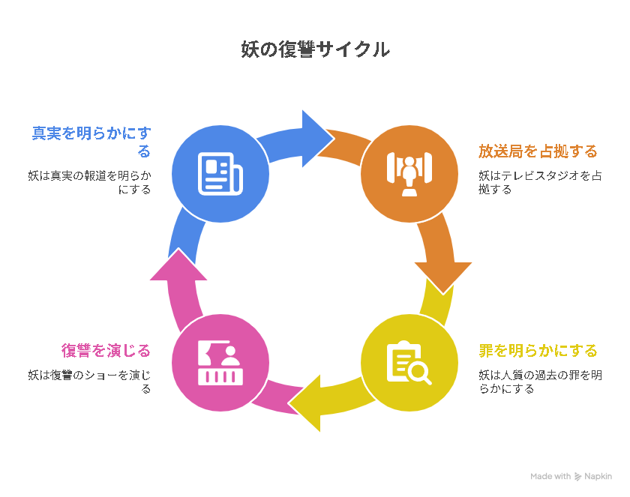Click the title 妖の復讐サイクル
coord(315,49)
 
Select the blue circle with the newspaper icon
coord(220,174)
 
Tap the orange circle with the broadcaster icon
coord(409,174)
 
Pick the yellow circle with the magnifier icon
coord(409,363)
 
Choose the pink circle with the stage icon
coord(220,363)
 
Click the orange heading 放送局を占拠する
coord(538,151)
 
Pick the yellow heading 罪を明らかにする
coord(538,351)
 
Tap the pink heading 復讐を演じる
coord(106,351)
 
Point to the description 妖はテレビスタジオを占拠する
coord(540,182)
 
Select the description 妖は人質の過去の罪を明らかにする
coord(540,382)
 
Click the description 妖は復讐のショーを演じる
coord(89,382)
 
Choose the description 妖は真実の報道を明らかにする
coord(89,182)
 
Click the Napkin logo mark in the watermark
coord(577,477)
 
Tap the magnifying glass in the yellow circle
coord(419,373)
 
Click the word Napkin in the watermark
coord(598,477)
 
